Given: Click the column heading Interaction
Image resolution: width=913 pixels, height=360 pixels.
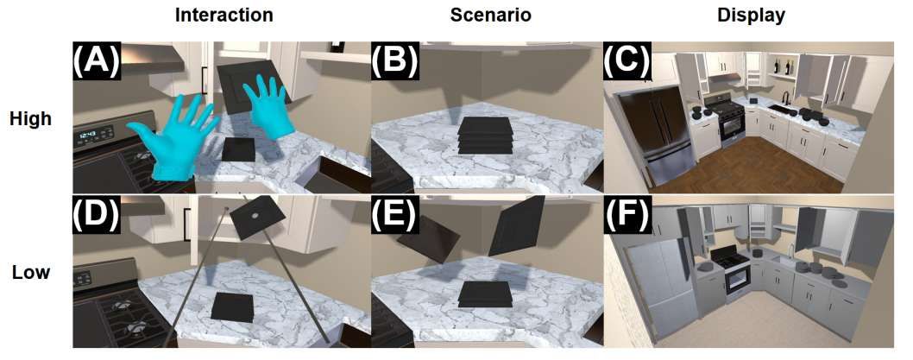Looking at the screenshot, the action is click(x=224, y=16).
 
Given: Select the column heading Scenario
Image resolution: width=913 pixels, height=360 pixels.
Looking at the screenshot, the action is click(x=490, y=16).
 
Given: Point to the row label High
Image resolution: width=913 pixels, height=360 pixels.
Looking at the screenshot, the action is click(x=31, y=119).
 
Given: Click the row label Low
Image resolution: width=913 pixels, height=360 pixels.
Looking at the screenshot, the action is click(x=31, y=273).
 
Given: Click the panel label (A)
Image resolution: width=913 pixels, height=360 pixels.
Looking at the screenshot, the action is click(x=97, y=60).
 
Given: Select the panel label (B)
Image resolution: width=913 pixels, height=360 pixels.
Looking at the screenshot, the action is click(x=394, y=60).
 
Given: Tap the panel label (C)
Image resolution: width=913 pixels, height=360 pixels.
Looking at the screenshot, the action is click(x=628, y=60).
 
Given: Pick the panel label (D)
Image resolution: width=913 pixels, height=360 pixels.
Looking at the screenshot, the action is click(x=97, y=214).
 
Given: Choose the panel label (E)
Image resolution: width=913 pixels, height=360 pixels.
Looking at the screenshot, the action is click(x=394, y=214).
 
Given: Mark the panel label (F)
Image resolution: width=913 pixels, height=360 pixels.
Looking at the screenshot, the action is click(x=627, y=214).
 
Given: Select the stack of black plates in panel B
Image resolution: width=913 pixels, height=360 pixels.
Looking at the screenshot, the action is click(x=485, y=136).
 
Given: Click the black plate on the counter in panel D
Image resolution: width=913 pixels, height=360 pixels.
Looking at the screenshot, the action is click(x=233, y=307).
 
